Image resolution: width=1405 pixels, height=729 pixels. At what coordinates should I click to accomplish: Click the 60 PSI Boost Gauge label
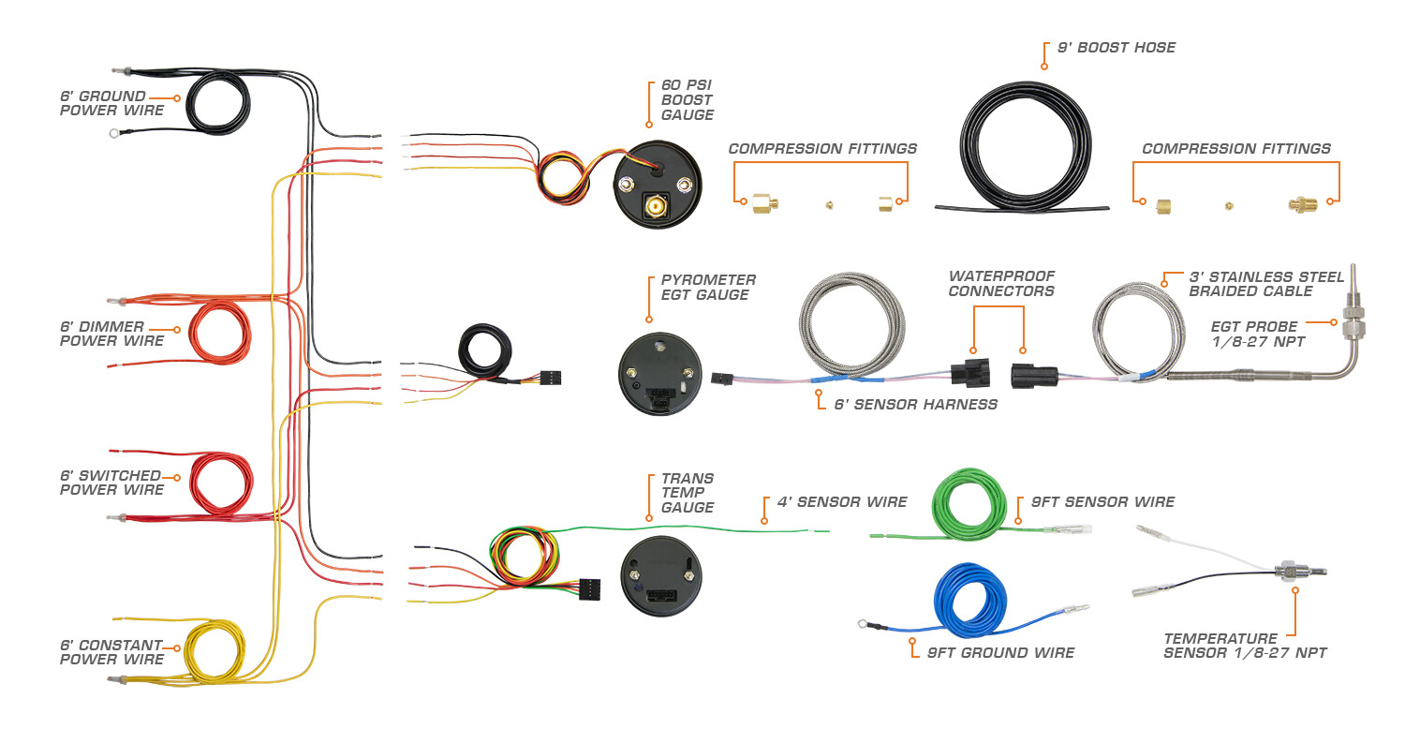pos(687,100)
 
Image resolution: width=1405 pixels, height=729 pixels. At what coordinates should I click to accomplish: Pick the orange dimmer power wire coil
pos(220,333)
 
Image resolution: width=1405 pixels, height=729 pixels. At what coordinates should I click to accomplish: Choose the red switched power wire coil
pos(221,483)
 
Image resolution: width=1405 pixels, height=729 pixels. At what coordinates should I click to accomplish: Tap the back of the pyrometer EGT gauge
pos(658,372)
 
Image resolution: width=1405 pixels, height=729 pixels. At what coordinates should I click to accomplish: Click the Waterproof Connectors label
pos(1000,284)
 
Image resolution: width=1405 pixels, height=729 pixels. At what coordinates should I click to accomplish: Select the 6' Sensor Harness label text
pos(915,405)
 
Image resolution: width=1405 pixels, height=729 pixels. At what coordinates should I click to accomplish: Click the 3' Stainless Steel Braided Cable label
pos(1265,284)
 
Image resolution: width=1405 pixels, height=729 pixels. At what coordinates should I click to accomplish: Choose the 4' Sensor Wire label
pos(841,502)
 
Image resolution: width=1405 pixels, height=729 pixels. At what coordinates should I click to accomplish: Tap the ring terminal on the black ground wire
pos(114,134)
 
